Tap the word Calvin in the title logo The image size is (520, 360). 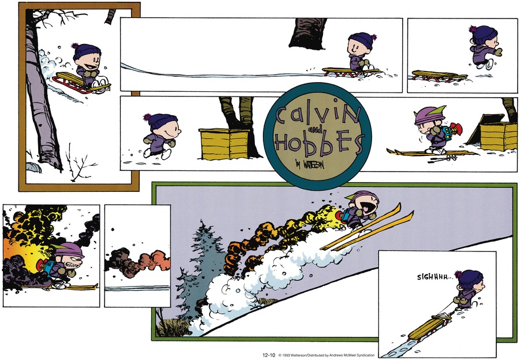pyautogui.click(x=317, y=113)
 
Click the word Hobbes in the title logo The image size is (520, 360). pyautogui.click(x=318, y=144)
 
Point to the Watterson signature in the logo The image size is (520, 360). pyautogui.click(x=310, y=164)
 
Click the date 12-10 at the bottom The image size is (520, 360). pyautogui.click(x=269, y=355)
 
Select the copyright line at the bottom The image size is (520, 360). pyautogui.click(x=326, y=355)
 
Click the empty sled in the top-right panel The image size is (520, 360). pyautogui.click(x=439, y=76)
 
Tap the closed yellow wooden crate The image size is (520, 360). pyautogui.click(x=224, y=144)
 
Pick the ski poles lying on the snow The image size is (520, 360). pyautogui.click(x=443, y=159)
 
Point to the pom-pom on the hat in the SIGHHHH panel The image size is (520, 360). pyautogui.click(x=458, y=274)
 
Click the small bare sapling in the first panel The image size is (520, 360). pyautogui.click(x=78, y=162)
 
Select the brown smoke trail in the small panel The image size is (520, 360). pyautogui.click(x=137, y=261)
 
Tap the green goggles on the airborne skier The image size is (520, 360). pyautogui.click(x=352, y=196)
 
